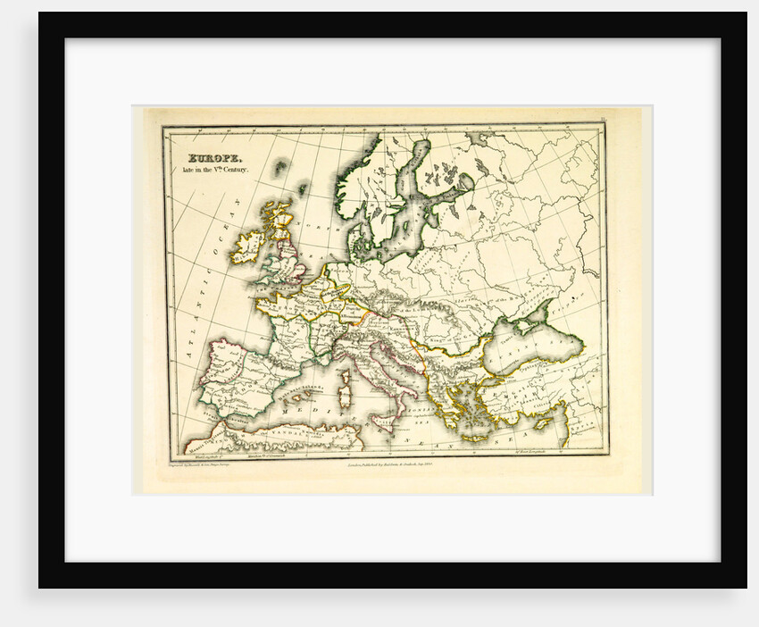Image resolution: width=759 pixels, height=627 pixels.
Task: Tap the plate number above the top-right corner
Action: click(x=604, y=117)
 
